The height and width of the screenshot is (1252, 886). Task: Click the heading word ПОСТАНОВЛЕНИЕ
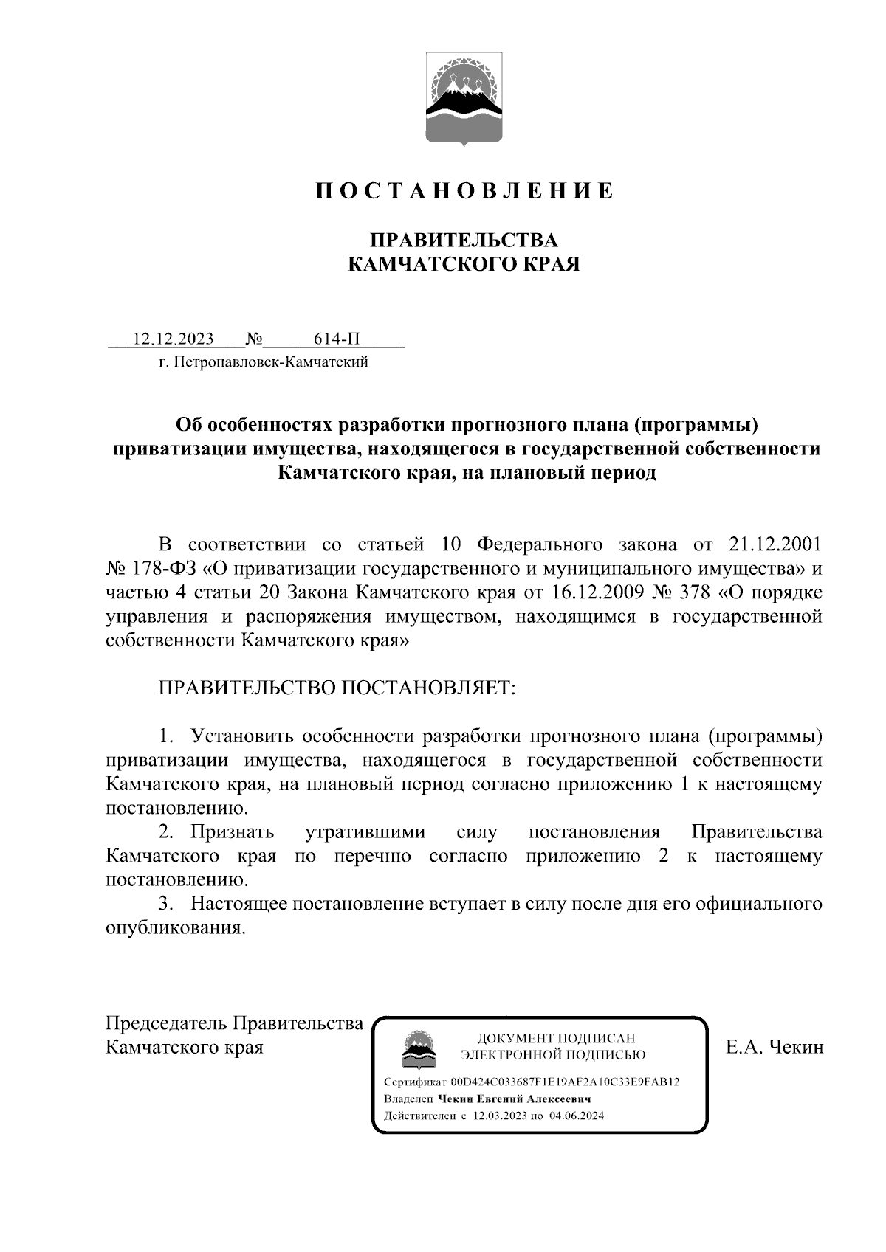coord(464,191)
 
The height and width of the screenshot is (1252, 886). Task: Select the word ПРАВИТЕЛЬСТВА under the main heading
coord(464,240)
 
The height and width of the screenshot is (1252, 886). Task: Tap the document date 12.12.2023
coord(173,339)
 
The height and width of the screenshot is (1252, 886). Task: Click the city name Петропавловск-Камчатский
coord(269,362)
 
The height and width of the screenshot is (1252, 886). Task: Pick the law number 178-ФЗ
coord(165,569)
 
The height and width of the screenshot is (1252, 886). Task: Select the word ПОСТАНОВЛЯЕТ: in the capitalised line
coord(427,688)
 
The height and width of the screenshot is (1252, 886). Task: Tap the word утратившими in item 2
coord(365,831)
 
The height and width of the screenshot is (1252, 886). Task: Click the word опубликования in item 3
coord(175,927)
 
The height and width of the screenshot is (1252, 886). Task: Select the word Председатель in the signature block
coord(167,1023)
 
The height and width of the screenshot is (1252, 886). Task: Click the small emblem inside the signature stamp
coord(418,1050)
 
